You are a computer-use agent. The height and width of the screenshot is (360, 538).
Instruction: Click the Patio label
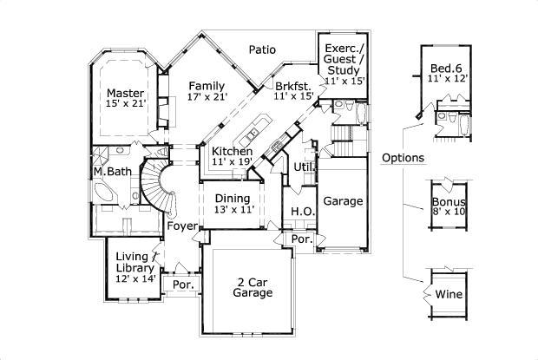[x=262, y=49]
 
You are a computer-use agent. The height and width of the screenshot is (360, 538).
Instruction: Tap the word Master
[x=125, y=93]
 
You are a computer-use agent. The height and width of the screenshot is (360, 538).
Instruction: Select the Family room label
[x=207, y=86]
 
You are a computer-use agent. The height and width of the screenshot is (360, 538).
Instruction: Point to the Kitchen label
[x=232, y=151]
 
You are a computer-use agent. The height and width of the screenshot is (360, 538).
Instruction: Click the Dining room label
[x=233, y=198]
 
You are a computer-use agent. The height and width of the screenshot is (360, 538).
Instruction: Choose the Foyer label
[x=182, y=227]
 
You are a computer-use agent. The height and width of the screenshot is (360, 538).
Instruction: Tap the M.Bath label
[x=113, y=171]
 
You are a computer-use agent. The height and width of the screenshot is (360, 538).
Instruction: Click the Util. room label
[x=305, y=166]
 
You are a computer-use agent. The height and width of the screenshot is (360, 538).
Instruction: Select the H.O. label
[x=302, y=212]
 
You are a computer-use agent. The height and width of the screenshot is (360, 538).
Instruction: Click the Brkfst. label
[x=294, y=86]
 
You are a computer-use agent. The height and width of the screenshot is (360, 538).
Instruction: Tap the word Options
[x=403, y=158]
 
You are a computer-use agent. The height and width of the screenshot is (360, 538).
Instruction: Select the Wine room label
[x=449, y=295]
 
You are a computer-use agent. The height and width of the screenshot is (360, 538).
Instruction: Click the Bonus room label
[x=449, y=201]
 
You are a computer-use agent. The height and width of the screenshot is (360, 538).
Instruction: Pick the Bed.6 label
[x=448, y=69]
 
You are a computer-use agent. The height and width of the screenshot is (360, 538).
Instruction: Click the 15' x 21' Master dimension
[x=125, y=105]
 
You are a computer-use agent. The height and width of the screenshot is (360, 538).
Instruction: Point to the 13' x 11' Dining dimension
[x=233, y=209]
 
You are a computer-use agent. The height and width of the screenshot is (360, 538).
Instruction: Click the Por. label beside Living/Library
[x=183, y=285]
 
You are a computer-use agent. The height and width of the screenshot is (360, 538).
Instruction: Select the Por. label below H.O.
[x=301, y=239]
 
